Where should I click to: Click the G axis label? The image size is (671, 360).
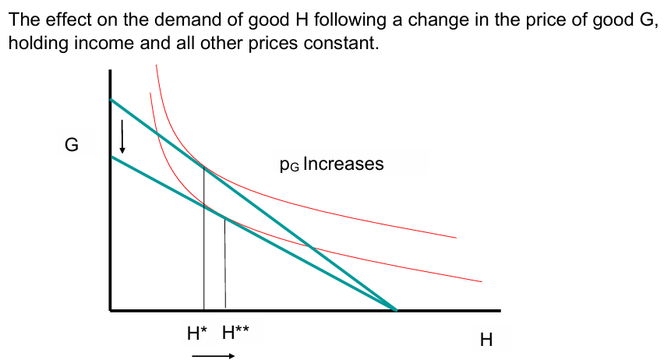71,146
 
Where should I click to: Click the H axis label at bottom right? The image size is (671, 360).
486,340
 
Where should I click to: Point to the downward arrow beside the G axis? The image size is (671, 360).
122,139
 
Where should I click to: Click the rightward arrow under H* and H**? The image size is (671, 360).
213,356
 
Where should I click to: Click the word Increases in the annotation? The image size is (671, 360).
343,164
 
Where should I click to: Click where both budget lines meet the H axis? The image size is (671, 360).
397,310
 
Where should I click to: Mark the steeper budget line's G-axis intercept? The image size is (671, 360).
111,100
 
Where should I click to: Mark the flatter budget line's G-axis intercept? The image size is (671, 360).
111,157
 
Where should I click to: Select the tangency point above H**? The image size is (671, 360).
224,219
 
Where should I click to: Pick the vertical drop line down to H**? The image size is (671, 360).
225,265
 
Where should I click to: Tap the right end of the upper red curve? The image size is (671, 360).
455,237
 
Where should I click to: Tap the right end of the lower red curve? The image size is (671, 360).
481,281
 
